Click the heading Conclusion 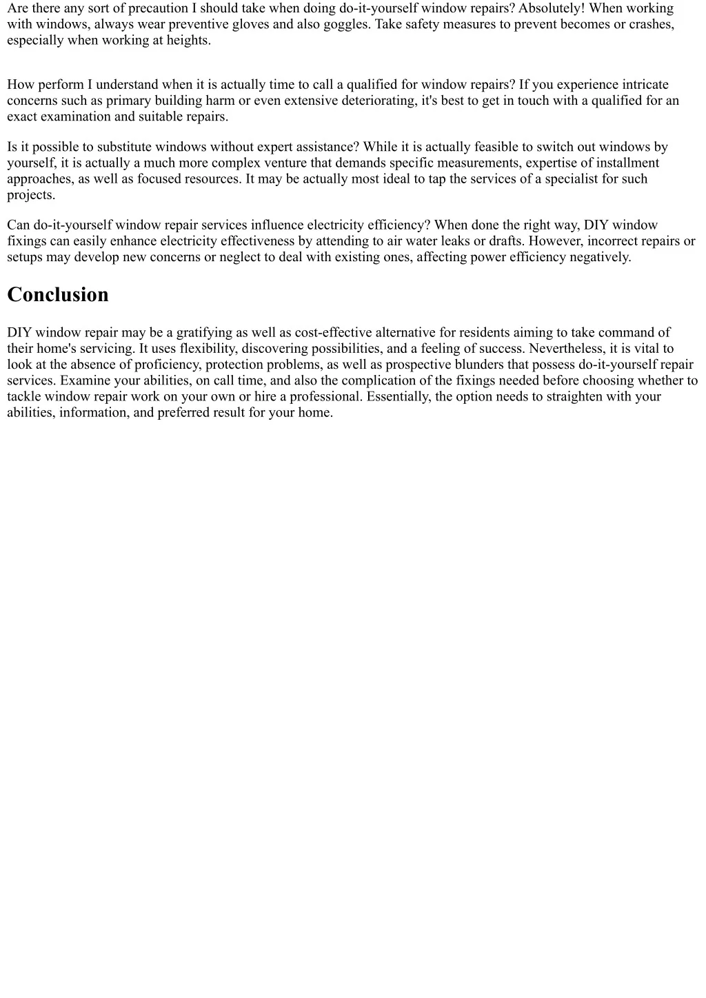click(58, 295)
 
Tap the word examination click(78, 116)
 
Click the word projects click(31, 194)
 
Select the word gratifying click(204, 333)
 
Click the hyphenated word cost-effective click(333, 333)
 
